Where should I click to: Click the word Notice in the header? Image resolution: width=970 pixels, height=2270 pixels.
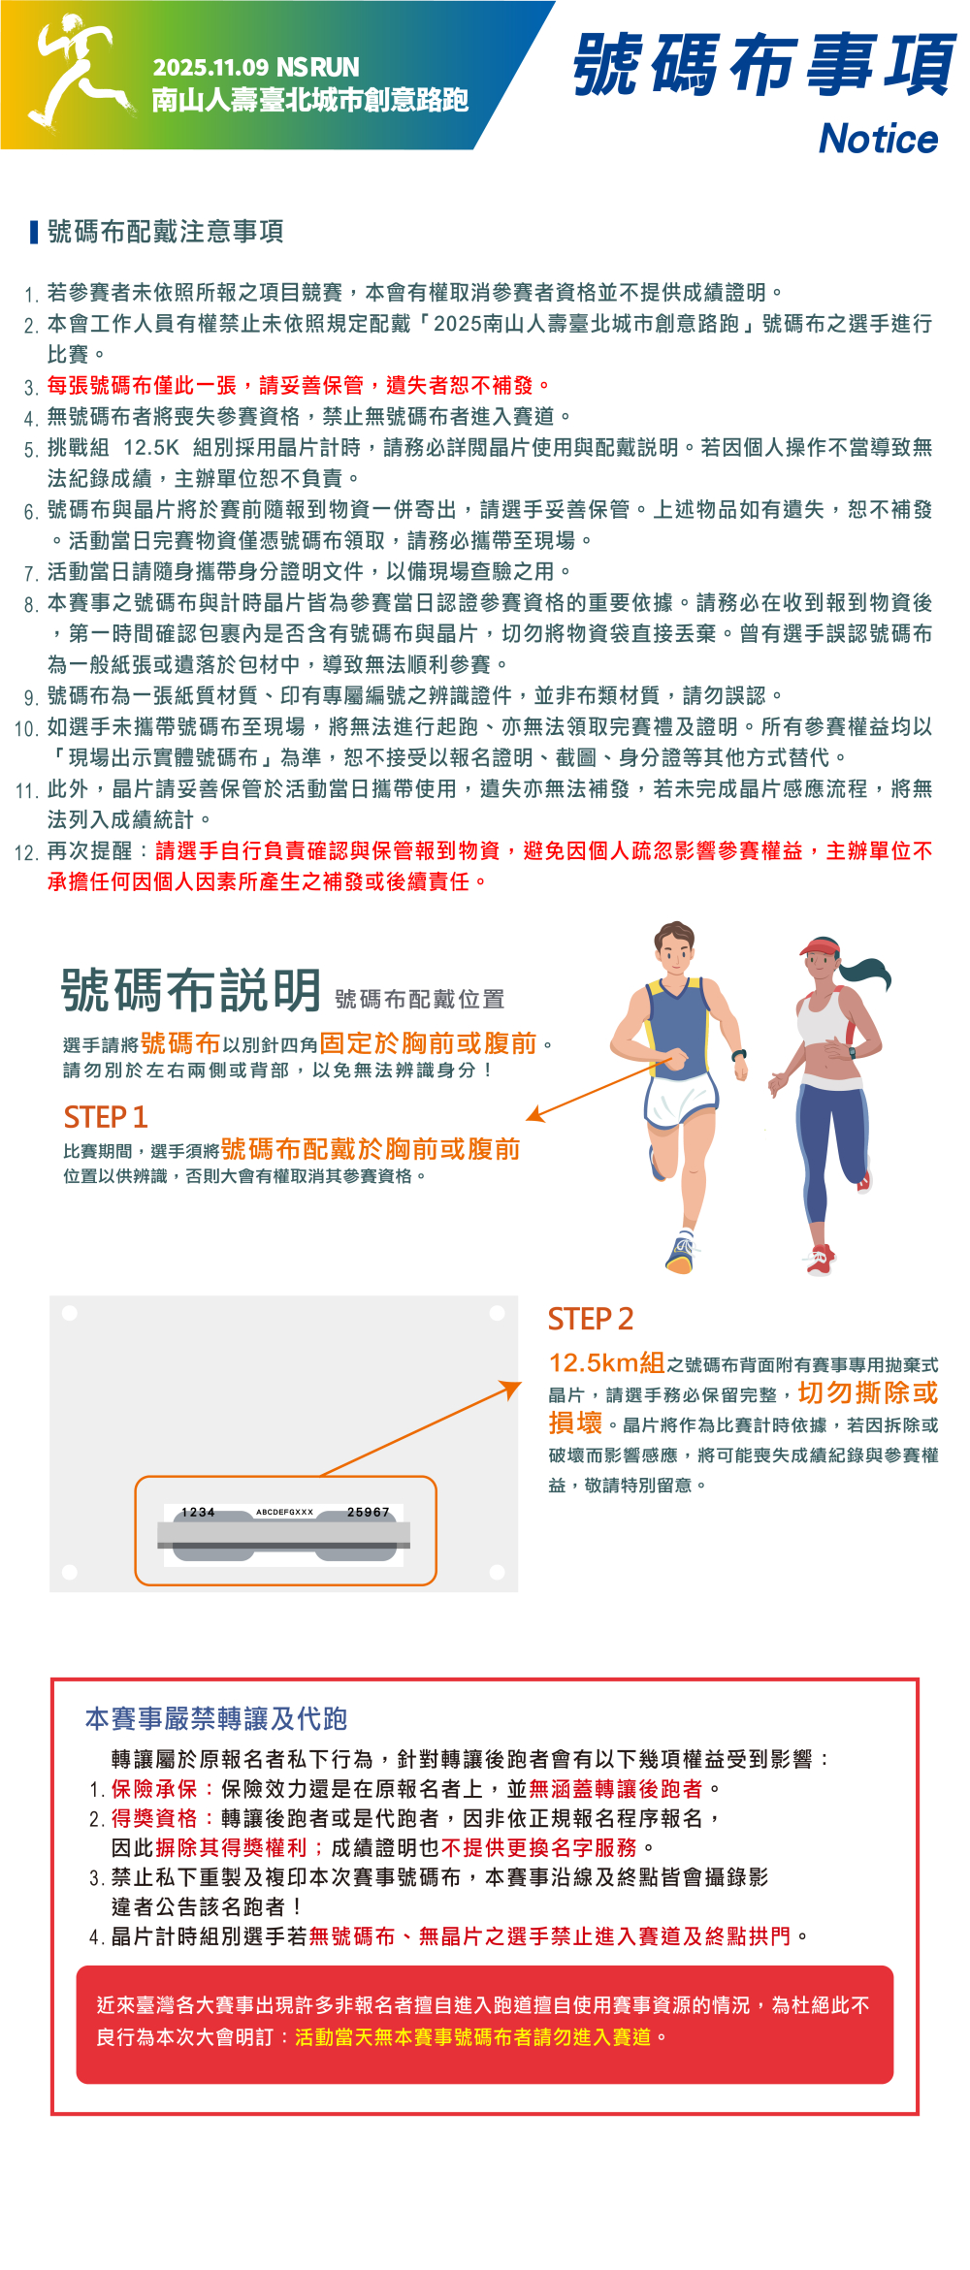pyautogui.click(x=879, y=139)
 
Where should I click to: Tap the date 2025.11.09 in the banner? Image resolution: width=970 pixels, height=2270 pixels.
pyautogui.click(x=210, y=67)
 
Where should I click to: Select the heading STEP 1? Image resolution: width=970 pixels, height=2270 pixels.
pyautogui.click(x=106, y=1117)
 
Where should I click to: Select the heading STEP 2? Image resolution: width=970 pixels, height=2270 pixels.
pyautogui.click(x=590, y=1319)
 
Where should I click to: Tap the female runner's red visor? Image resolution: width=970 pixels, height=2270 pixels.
pyautogui.click(x=819, y=947)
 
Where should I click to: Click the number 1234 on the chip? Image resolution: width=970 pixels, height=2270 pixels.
pyautogui.click(x=198, y=1512)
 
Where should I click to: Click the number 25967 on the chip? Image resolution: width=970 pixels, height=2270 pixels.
pyautogui.click(x=369, y=1512)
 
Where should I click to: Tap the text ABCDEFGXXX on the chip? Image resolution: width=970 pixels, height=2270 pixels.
pyautogui.click(x=284, y=1512)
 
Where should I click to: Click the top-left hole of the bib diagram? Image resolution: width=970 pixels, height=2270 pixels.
pyautogui.click(x=70, y=1313)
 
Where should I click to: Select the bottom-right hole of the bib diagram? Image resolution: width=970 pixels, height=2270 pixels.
pyautogui.click(x=498, y=1572)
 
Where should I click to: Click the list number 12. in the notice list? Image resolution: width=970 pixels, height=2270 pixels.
pyautogui.click(x=26, y=852)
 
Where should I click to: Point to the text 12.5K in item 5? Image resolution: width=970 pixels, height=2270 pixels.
pyautogui.click(x=151, y=447)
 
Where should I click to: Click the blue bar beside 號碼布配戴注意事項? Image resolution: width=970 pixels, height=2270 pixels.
pyautogui.click(x=34, y=232)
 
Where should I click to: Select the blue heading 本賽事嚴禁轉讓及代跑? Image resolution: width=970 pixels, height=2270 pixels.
pyautogui.click(x=216, y=1718)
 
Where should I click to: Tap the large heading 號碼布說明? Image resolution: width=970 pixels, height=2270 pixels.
pyautogui.click(x=191, y=990)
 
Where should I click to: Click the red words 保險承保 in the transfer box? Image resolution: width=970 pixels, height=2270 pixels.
pyautogui.click(x=154, y=1788)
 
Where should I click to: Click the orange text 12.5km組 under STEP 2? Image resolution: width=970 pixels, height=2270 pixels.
pyautogui.click(x=607, y=1362)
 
